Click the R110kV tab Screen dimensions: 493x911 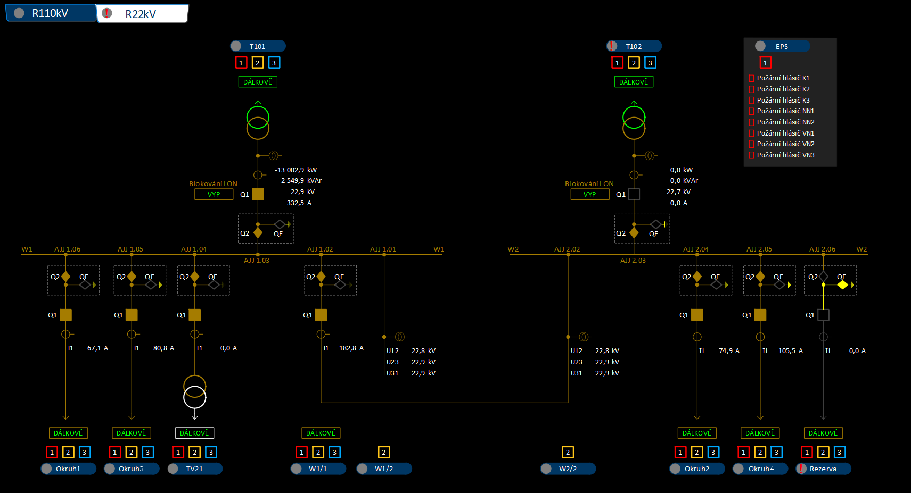click(x=50, y=13)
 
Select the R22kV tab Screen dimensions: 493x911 click(x=142, y=14)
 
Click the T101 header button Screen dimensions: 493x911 click(x=258, y=46)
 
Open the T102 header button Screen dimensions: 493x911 click(x=634, y=46)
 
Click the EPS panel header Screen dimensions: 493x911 click(x=782, y=46)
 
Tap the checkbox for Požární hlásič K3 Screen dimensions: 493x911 click(x=752, y=101)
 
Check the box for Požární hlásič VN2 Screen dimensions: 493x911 click(x=752, y=144)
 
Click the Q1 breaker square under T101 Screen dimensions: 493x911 click(x=258, y=194)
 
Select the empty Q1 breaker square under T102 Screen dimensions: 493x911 click(x=634, y=194)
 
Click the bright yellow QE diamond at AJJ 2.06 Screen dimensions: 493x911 click(x=842, y=285)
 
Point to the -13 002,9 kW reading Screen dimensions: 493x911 click(x=296, y=170)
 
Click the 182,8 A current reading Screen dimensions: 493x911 click(x=351, y=348)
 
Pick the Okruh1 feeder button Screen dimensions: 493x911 click(x=68, y=469)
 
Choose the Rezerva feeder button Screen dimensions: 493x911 click(x=823, y=469)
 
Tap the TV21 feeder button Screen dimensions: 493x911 click(x=194, y=469)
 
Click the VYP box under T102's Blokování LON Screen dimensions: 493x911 click(x=589, y=194)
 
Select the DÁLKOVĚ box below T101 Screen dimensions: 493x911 click(x=258, y=82)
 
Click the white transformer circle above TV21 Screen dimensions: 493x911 click(x=194, y=396)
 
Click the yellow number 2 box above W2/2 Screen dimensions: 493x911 click(x=568, y=452)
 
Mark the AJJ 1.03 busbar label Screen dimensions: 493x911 click(x=257, y=261)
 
